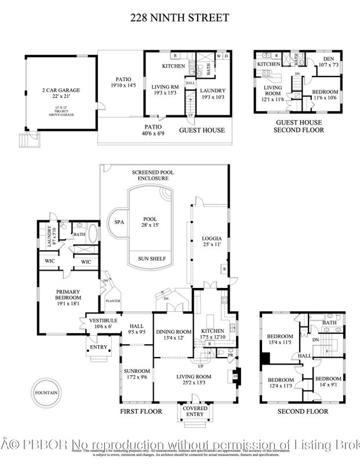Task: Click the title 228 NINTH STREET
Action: tap(180, 18)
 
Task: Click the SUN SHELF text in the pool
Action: tap(150, 259)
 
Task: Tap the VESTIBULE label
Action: tap(103, 321)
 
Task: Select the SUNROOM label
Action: tap(136, 371)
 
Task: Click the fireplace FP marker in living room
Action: tap(235, 375)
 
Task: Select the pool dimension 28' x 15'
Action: tap(150, 227)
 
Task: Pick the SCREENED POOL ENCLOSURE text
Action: tap(150, 176)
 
